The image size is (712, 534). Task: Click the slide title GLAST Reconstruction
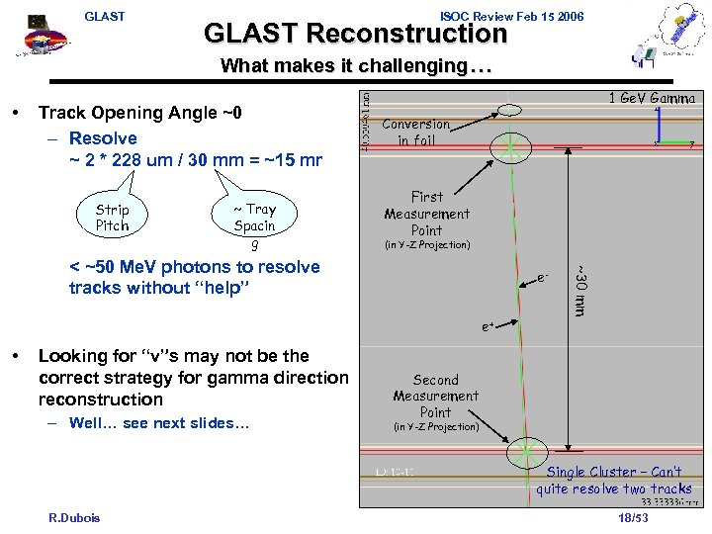(x=355, y=34)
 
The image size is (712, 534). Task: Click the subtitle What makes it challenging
(x=355, y=66)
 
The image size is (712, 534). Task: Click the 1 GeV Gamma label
(x=652, y=98)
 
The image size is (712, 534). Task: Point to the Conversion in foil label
(x=415, y=132)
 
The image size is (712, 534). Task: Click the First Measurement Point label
(x=426, y=213)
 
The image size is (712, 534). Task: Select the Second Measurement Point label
(x=435, y=396)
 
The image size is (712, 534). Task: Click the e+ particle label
(x=489, y=325)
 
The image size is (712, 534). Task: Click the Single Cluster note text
(x=613, y=481)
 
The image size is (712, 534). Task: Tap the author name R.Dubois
(x=74, y=517)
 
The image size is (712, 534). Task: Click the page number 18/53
(x=632, y=517)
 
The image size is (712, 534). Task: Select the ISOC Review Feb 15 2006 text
(x=511, y=16)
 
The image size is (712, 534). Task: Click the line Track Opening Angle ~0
(x=139, y=114)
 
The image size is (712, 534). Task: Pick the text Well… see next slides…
(x=159, y=423)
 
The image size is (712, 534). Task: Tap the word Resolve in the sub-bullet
(x=103, y=138)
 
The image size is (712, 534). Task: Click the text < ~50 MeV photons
(x=195, y=267)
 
